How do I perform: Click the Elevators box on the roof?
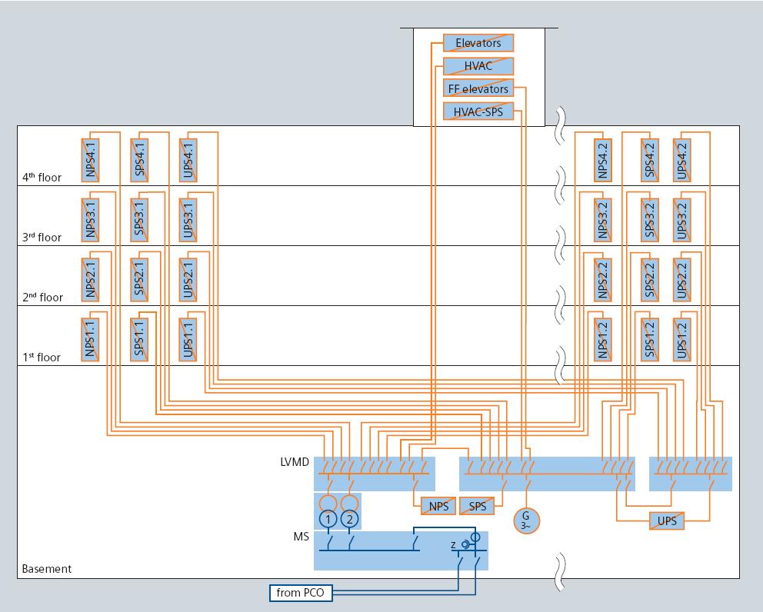(x=478, y=43)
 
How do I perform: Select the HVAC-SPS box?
(x=478, y=112)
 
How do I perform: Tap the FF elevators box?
(x=478, y=89)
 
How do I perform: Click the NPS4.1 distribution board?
(x=91, y=160)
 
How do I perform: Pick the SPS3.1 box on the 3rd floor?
(x=139, y=220)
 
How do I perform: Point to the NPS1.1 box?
(x=91, y=340)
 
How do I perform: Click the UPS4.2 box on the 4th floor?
(x=681, y=160)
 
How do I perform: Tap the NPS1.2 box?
(x=603, y=340)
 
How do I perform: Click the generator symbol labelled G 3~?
(x=527, y=520)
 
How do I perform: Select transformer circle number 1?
(x=328, y=520)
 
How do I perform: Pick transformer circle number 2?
(x=350, y=520)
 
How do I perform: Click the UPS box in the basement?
(x=666, y=521)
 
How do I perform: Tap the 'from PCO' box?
(x=301, y=594)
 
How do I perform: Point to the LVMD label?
(x=295, y=463)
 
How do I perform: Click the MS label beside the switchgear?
(x=302, y=537)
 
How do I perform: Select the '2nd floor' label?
(x=42, y=297)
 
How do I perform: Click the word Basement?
(x=46, y=569)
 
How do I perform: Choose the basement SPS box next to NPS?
(x=477, y=507)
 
